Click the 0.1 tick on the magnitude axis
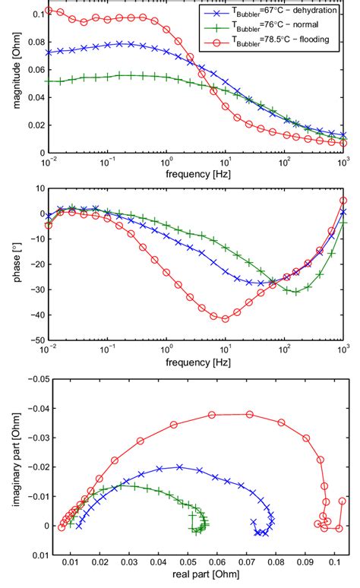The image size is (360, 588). tap(36, 14)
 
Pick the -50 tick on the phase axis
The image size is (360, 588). tap(33, 340)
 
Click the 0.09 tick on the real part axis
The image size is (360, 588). tap(305, 563)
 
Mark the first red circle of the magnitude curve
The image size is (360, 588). tap(49, 11)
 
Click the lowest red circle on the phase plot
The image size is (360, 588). tap(225, 318)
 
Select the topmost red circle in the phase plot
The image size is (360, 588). tap(343, 201)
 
